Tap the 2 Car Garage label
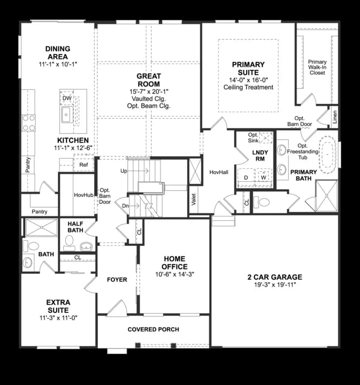pyautogui.click(x=274, y=277)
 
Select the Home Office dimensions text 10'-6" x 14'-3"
pyautogui.click(x=175, y=274)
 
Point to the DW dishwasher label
pyautogui.click(x=66, y=98)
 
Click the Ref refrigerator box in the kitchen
pyautogui.click(x=83, y=165)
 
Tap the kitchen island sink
pyautogui.click(x=67, y=114)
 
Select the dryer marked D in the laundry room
pyautogui.click(x=246, y=177)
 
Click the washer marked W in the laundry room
pyautogui.click(x=263, y=177)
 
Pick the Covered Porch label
pyautogui.click(x=153, y=329)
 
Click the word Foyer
pyautogui.click(x=117, y=280)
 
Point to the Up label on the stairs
pyautogui.click(x=124, y=171)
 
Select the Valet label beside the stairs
pyautogui.click(x=194, y=199)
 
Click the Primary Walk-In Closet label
pyautogui.click(x=317, y=67)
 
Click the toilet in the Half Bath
pyautogui.click(x=86, y=247)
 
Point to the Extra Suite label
pyautogui.click(x=58, y=306)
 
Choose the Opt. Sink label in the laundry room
pyautogui.click(x=254, y=137)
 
